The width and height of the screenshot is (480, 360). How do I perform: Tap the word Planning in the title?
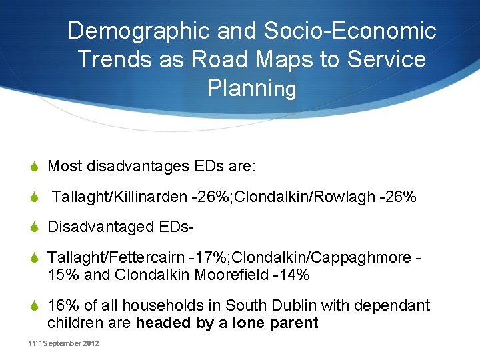pos(251,88)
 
